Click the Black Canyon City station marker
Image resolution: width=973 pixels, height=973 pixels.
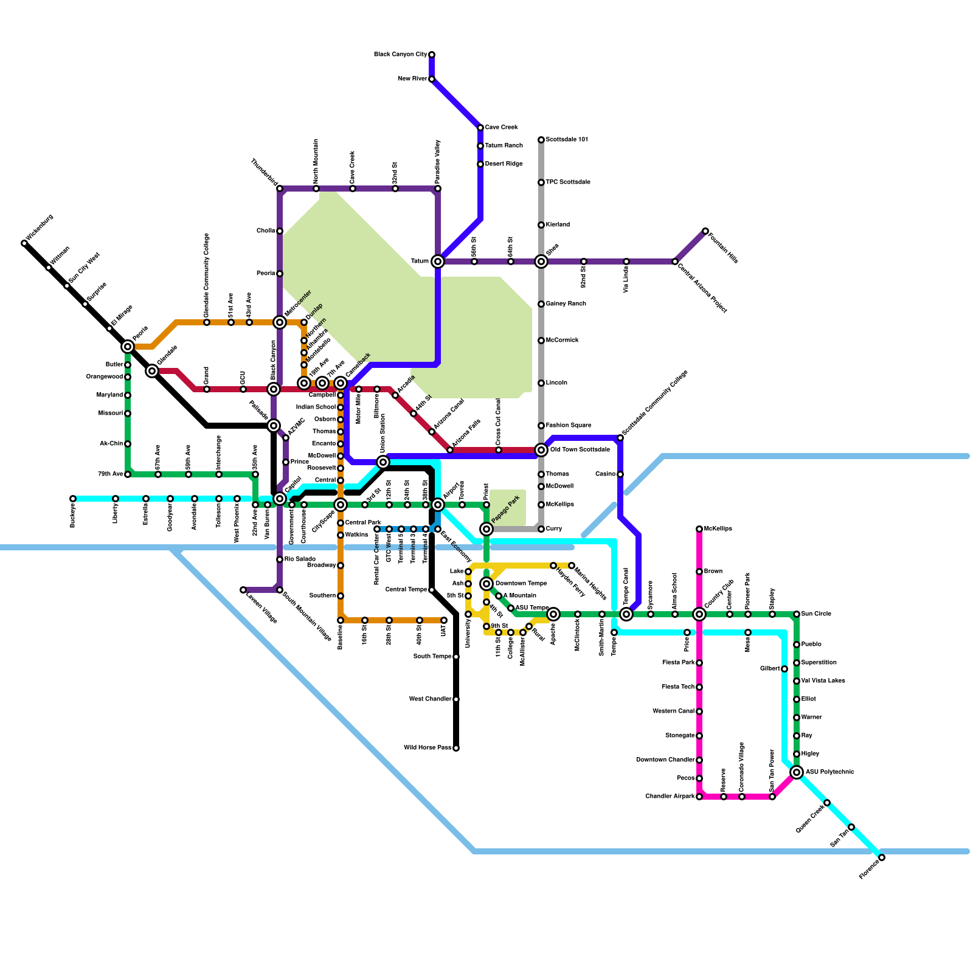(432, 55)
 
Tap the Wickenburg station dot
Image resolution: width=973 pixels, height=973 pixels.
(24, 243)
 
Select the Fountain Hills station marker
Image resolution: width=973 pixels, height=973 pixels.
(705, 231)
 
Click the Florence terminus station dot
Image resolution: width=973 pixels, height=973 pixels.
(882, 857)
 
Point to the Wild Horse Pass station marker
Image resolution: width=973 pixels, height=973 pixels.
(456, 748)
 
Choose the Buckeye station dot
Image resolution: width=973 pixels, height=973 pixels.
(73, 499)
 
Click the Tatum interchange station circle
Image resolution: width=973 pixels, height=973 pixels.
(438, 261)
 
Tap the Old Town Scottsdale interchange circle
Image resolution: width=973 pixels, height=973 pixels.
(541, 450)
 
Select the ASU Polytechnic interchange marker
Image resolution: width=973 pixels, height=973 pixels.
(797, 772)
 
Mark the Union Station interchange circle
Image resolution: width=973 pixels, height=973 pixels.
(383, 462)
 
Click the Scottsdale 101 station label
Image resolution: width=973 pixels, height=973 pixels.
(567, 140)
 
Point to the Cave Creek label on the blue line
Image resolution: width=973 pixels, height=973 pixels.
(501, 128)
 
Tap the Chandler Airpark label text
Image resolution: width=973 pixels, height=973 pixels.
(670, 797)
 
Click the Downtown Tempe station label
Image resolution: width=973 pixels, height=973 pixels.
(521, 584)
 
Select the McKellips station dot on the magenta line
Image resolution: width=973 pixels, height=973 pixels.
(699, 529)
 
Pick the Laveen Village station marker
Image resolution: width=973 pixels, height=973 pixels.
(243, 590)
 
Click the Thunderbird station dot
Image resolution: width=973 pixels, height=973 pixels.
(280, 189)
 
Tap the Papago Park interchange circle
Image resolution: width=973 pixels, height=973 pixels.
(486, 529)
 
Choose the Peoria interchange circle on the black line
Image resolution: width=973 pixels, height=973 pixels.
(128, 347)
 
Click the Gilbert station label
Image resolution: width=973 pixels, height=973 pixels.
(769, 669)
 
